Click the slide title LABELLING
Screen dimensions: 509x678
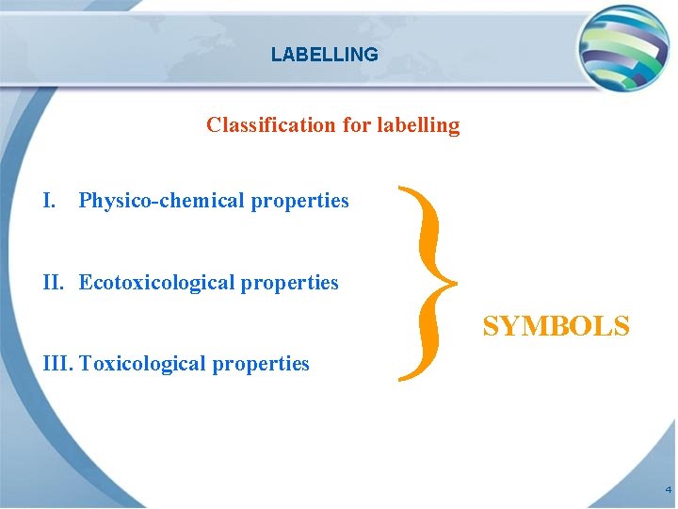324,55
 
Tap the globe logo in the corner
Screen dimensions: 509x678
623,47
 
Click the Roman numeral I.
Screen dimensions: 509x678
50,201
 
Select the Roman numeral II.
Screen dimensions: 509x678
55,283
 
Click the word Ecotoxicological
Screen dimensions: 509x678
156,283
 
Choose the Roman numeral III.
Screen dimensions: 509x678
59,364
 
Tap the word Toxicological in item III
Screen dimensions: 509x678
140,364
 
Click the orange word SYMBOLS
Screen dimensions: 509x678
556,326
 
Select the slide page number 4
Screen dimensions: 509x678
668,490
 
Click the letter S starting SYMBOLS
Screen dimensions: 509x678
491,326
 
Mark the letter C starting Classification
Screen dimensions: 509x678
214,124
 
